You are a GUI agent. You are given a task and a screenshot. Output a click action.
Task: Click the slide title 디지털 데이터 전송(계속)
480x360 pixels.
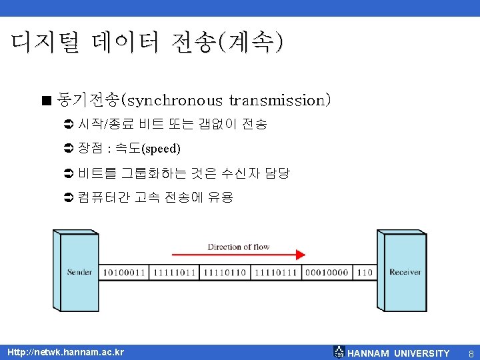tap(147, 43)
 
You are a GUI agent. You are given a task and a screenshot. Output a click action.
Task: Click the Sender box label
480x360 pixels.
tap(79, 272)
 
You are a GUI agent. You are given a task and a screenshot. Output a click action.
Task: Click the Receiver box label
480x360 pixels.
tap(405, 272)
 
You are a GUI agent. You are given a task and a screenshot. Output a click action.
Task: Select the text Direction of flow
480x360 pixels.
tap(238, 247)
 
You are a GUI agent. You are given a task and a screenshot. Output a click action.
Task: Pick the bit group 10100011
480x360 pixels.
tap(123, 273)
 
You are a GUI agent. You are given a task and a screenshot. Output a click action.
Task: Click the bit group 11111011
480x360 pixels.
tap(174, 273)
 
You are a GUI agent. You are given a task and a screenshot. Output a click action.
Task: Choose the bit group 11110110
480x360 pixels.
tap(225, 273)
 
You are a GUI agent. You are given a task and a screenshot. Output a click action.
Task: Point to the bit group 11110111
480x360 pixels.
tap(275, 273)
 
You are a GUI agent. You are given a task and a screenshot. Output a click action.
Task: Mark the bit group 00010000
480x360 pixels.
tap(327, 273)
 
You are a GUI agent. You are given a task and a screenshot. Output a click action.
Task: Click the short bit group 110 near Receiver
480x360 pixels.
tap(365, 273)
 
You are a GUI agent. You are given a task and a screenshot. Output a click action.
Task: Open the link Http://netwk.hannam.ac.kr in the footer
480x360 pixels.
tap(65, 352)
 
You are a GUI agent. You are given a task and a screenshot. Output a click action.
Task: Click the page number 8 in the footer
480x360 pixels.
tap(471, 353)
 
